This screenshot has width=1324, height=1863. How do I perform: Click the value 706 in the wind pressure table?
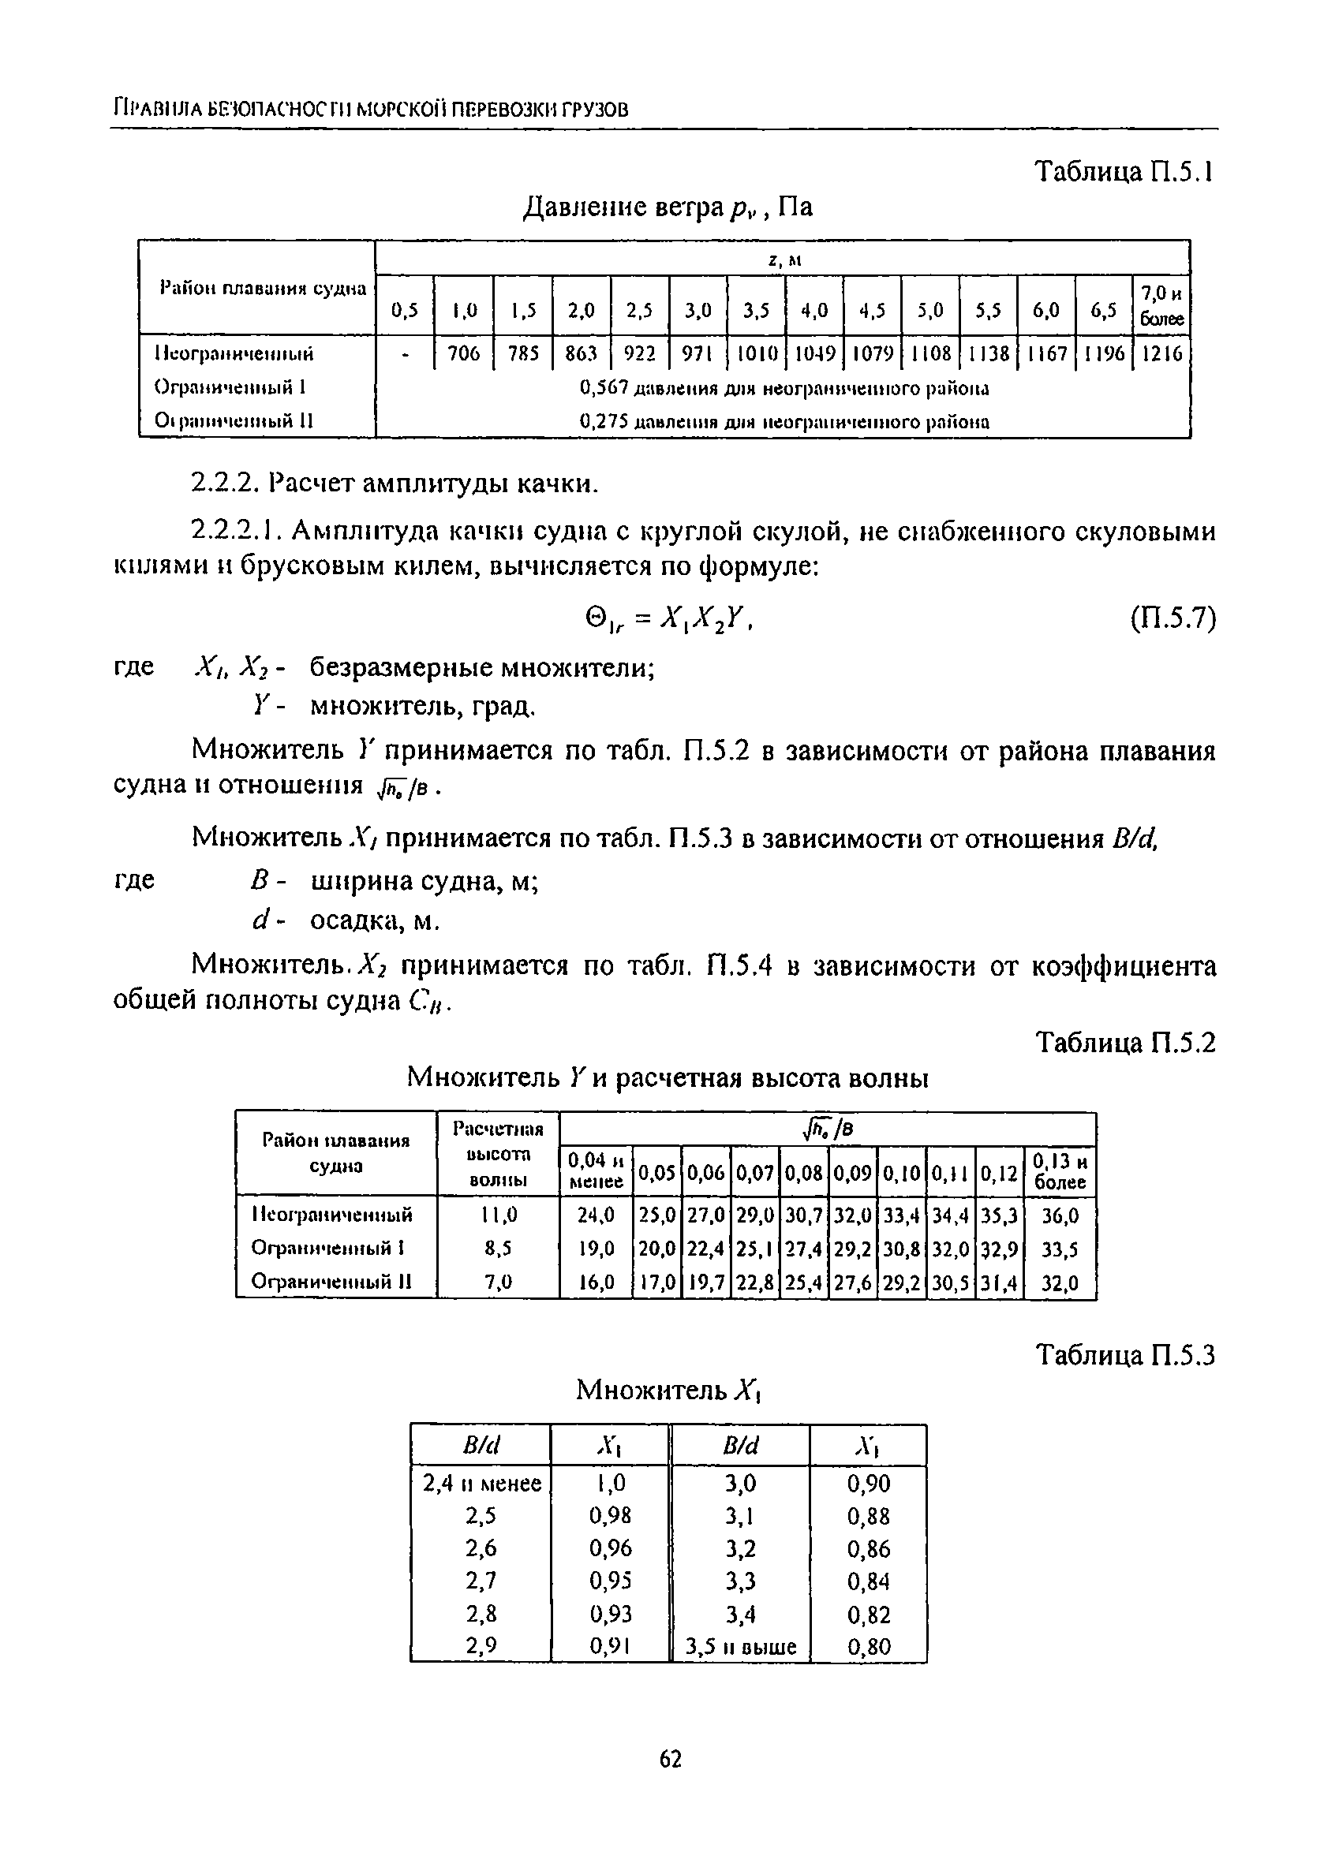click(x=464, y=353)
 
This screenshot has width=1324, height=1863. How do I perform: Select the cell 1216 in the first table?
click(x=1161, y=353)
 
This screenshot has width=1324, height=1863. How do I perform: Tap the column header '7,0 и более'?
click(x=1161, y=304)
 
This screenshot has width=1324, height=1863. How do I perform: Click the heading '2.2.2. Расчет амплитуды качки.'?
click(x=395, y=484)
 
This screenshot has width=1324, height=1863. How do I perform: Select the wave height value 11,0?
click(x=498, y=1215)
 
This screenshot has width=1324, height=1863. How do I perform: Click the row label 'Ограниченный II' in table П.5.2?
click(x=331, y=1282)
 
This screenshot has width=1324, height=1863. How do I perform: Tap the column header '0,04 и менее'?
click(x=596, y=1170)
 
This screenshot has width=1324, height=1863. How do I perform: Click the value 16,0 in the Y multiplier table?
click(x=596, y=1282)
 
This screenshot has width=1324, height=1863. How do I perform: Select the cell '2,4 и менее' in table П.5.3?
click(x=482, y=1484)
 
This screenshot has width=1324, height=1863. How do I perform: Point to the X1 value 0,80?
click(x=868, y=1647)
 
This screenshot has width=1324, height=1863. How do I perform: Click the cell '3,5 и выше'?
click(x=740, y=1647)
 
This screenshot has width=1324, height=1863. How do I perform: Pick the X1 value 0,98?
click(x=610, y=1516)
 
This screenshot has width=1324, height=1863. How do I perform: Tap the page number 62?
click(x=669, y=1760)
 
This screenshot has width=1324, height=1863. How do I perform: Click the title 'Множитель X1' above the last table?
click(x=668, y=1389)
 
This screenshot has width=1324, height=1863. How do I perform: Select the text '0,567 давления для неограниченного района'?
click(x=784, y=389)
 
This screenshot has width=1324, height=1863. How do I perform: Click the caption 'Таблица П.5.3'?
click(x=1124, y=1355)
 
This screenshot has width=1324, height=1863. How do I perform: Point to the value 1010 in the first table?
click(x=756, y=353)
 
